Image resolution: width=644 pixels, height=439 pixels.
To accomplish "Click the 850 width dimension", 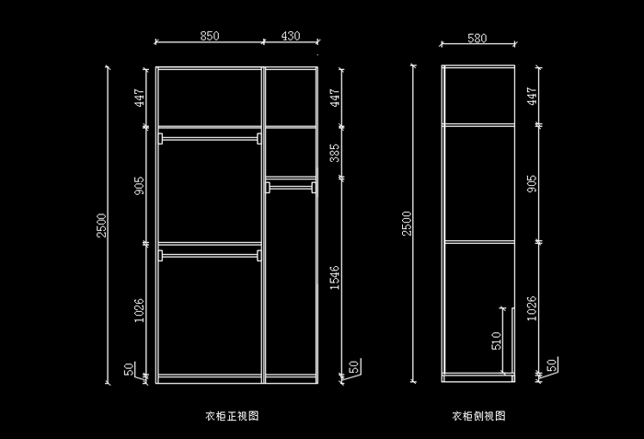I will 209,36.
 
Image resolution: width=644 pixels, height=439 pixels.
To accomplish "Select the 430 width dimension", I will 290,36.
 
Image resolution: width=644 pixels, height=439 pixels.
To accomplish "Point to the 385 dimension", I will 335,152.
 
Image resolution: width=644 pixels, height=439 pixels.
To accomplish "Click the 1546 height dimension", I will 335,279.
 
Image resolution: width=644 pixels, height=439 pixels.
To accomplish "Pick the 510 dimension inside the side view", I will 496,341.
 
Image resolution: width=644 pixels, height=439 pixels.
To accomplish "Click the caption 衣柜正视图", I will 232,416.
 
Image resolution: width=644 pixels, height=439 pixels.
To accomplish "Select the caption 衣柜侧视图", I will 478,416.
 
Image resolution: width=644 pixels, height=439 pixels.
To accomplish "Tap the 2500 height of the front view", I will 102,224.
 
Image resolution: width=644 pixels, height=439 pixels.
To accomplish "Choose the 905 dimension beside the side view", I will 532,182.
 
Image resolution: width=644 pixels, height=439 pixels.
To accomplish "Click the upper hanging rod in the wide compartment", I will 209,137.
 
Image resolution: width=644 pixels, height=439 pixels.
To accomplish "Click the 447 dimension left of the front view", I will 139,98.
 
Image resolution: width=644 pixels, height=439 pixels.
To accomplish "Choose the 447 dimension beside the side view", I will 532,97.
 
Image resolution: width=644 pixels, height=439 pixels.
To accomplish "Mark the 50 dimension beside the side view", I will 551,365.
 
